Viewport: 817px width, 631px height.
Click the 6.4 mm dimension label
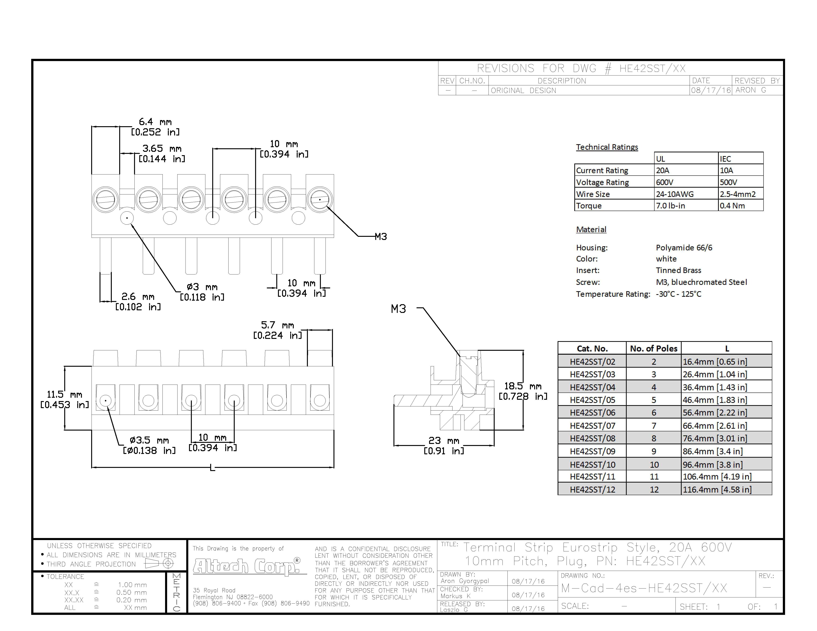(155, 127)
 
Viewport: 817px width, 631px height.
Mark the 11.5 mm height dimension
(64, 399)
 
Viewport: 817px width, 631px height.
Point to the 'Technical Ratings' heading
(607, 147)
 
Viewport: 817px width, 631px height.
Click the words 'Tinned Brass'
(678, 270)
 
